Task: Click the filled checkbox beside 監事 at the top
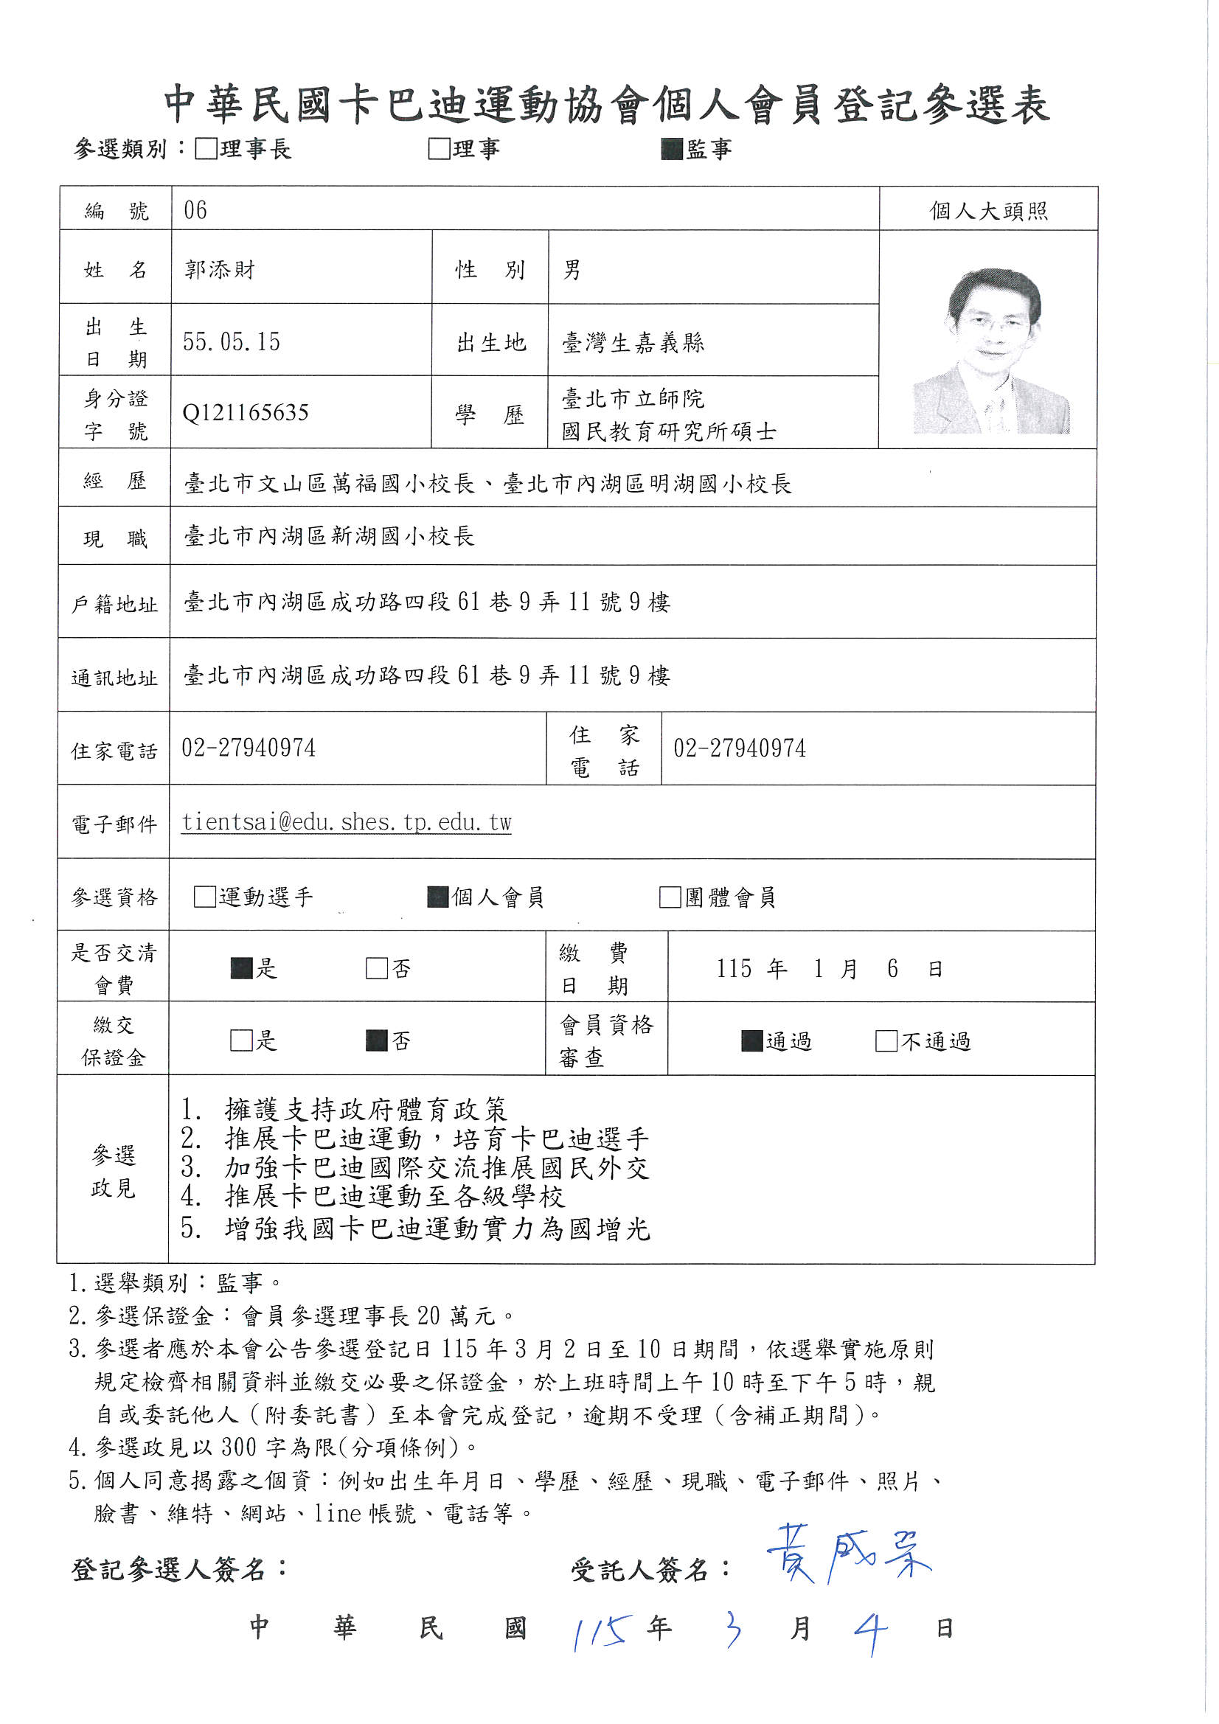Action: pos(672,150)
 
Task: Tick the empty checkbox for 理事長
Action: pos(205,149)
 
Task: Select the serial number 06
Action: pos(195,210)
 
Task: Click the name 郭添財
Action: pos(220,269)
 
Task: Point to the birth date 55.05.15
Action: pos(232,342)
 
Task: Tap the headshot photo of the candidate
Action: pos(990,351)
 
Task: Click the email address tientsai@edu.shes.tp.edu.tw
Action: pos(347,822)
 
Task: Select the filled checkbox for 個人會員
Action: pos(438,897)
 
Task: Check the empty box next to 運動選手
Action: pos(204,897)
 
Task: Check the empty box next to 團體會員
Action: pos(669,897)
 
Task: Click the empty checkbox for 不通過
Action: pos(886,1040)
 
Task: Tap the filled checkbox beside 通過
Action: pos(752,1040)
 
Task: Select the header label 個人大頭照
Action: pos(988,211)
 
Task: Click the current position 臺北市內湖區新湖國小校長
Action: pos(330,536)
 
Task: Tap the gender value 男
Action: pos(572,270)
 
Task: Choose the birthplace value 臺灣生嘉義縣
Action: pos(633,343)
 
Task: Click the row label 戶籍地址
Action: pos(115,604)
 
